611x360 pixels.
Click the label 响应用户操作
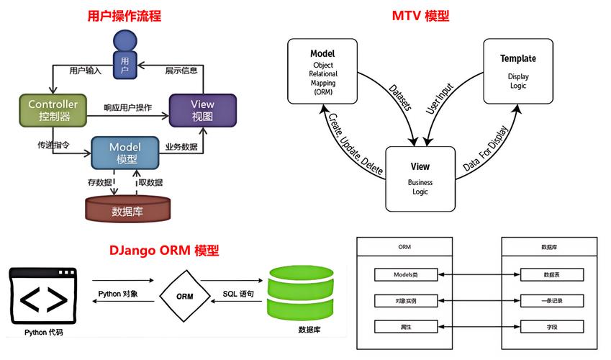[x=127, y=108]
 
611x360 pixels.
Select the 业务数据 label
[x=181, y=147]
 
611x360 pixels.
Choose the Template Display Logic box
[x=517, y=71]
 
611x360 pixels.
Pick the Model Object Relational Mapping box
[x=322, y=71]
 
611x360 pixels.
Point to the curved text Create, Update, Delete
[x=356, y=144]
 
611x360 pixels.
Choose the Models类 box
[x=405, y=275]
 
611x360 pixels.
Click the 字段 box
[x=552, y=326]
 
